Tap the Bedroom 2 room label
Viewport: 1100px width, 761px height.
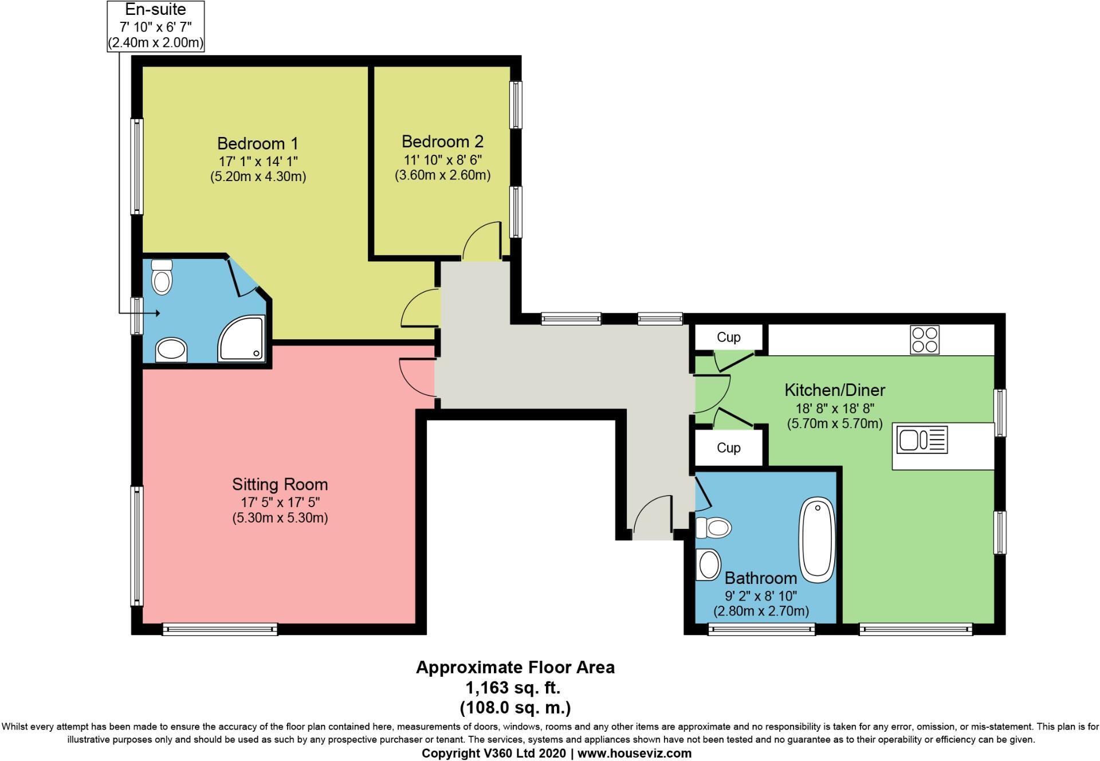pyautogui.click(x=442, y=142)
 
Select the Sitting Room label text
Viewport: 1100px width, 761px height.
pyautogui.click(x=280, y=485)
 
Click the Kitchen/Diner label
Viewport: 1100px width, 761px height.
pyautogui.click(x=834, y=390)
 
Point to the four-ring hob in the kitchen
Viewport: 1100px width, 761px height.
pyautogui.click(x=924, y=339)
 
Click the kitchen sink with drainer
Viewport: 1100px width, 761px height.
pyautogui.click(x=922, y=440)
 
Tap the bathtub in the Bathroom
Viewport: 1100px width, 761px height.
pyautogui.click(x=817, y=540)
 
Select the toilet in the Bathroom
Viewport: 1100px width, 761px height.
pyautogui.click(x=714, y=527)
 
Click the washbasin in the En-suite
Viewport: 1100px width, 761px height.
pyautogui.click(x=171, y=350)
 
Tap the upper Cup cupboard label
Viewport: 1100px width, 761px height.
pyautogui.click(x=728, y=338)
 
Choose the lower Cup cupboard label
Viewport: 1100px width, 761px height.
pyautogui.click(x=728, y=448)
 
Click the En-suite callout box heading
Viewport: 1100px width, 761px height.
pyautogui.click(x=155, y=10)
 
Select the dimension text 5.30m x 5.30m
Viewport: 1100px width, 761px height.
pyautogui.click(x=280, y=518)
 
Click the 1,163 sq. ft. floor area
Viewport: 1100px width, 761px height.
pyautogui.click(x=513, y=687)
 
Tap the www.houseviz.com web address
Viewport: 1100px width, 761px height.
pyautogui.click(x=634, y=754)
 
